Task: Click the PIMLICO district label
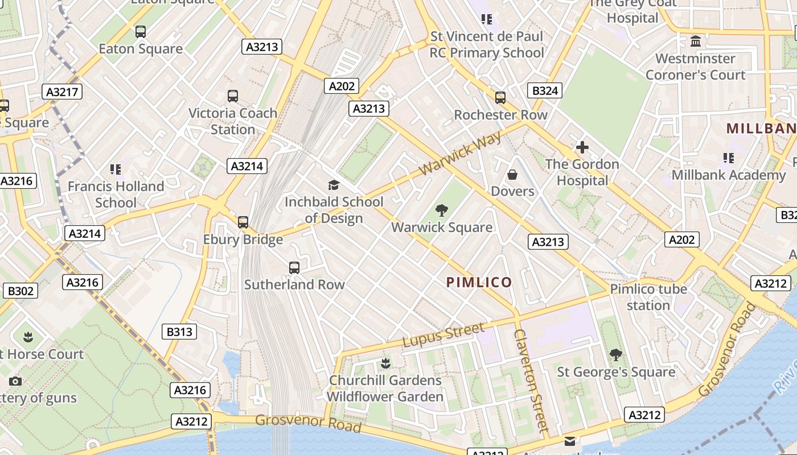479,282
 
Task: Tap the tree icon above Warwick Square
441,210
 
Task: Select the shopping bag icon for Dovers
512,175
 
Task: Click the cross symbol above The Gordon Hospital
582,147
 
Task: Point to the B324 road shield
545,90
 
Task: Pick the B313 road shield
179,332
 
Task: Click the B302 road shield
20,291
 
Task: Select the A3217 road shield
63,92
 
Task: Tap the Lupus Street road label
443,334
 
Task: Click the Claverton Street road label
531,379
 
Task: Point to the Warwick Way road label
461,154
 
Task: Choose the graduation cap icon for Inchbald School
334,185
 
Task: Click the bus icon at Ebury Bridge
243,222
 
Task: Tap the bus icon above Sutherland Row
294,267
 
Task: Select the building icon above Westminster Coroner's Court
695,42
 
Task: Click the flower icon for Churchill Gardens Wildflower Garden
385,363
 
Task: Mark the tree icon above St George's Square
615,355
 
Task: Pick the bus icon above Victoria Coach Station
232,96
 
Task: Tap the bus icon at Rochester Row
500,98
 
